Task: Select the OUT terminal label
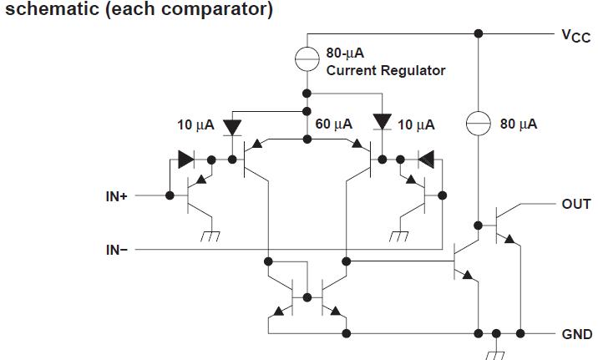coord(575,204)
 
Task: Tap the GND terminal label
coord(575,334)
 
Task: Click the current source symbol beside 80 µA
coord(478,124)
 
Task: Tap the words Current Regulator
coord(386,71)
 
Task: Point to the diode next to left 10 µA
coord(231,125)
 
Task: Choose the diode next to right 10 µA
coord(383,124)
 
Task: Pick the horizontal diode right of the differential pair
coord(425,158)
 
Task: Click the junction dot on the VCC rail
coord(478,34)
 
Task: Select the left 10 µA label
coord(195,125)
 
